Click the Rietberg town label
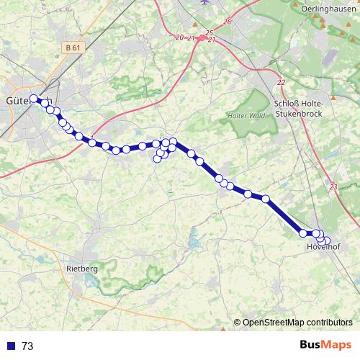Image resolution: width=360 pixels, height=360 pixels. click(81, 267)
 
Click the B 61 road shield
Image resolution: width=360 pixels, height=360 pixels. click(71, 48)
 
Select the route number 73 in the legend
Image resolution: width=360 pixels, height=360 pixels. click(27, 346)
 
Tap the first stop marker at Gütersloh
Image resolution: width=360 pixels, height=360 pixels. click(34, 99)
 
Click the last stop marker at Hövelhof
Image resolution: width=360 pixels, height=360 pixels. click(326, 241)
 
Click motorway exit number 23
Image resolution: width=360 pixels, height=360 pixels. click(333, 187)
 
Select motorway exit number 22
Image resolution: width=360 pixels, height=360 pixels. click(280, 83)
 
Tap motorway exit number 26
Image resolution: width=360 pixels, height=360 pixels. click(228, 22)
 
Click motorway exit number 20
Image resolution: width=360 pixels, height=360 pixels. click(179, 37)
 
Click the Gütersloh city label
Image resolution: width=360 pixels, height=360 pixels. click(27, 100)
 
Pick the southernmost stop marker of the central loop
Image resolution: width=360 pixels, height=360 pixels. click(158, 158)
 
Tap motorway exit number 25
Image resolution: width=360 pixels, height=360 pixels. click(209, 32)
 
